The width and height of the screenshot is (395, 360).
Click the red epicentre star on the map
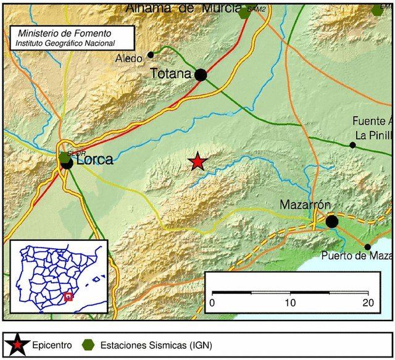(197, 162)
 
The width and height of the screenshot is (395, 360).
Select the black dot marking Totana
(201, 75)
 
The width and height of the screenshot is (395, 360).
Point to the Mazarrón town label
(302, 204)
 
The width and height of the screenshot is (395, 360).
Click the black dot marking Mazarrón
(332, 221)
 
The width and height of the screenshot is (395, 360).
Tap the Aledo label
(130, 59)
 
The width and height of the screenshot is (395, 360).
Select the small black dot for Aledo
(151, 54)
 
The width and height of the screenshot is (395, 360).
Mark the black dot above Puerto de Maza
(368, 247)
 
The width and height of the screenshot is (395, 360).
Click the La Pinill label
(373, 134)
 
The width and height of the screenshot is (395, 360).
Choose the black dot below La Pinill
(352, 145)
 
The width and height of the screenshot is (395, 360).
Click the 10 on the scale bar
(290, 303)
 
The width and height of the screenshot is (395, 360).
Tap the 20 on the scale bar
(368, 303)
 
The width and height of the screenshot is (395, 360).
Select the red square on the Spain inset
(69, 296)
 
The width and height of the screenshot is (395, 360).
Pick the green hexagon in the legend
(90, 344)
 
